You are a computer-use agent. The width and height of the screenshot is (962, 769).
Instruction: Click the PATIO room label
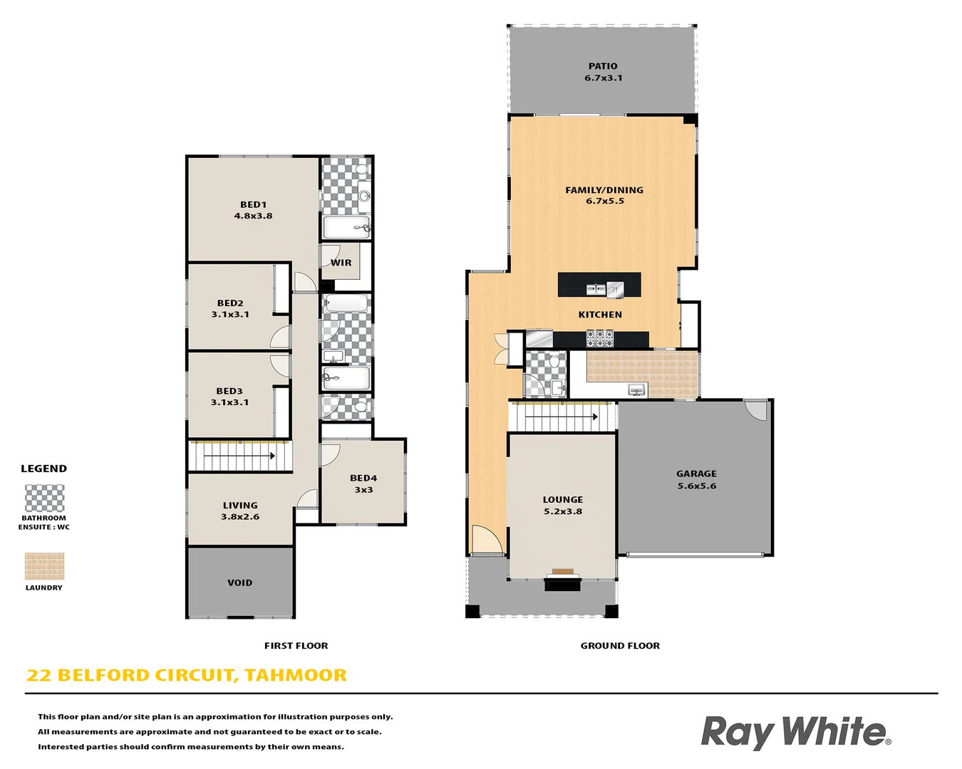click(603, 66)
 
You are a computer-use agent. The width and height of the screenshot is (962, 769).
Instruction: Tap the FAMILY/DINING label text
click(604, 190)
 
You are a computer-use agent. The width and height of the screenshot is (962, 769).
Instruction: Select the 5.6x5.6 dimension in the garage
click(696, 486)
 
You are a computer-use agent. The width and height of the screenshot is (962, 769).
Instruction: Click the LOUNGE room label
click(562, 500)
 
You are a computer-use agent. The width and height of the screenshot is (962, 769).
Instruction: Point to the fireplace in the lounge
click(562, 583)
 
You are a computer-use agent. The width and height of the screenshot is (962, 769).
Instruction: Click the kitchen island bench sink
click(596, 288)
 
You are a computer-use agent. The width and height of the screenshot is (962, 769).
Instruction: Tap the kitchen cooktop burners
click(599, 338)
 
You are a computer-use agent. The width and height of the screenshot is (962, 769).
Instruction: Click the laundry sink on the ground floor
click(636, 389)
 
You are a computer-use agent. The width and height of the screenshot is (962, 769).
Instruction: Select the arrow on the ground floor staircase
click(593, 417)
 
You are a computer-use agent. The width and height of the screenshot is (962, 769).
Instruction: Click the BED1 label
click(253, 204)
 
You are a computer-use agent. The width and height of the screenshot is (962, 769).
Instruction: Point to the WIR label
click(341, 263)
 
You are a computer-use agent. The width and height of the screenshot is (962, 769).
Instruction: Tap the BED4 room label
click(363, 478)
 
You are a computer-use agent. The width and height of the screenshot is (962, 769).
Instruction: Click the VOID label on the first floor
click(239, 582)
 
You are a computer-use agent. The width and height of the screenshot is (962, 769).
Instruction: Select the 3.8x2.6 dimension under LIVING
click(240, 517)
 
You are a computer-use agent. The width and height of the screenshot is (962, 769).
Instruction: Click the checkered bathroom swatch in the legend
click(44, 498)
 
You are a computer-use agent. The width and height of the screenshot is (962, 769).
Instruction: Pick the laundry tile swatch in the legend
click(44, 566)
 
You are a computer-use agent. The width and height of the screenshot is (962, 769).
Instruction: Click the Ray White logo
click(795, 732)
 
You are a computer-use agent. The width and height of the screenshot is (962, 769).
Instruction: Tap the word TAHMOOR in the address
click(296, 675)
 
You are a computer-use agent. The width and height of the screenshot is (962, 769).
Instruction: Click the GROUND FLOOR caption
click(620, 646)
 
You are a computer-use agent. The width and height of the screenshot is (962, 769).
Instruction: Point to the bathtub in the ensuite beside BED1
click(346, 227)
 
